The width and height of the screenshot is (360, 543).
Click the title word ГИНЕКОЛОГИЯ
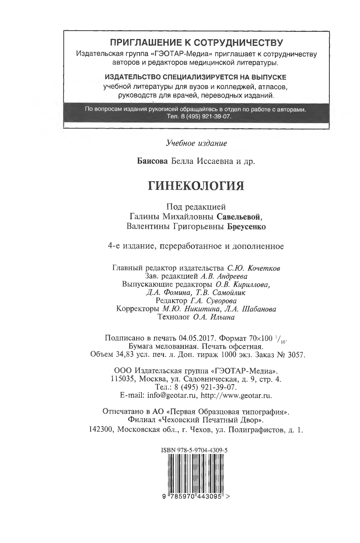[x=196, y=186]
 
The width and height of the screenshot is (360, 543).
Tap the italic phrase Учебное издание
[x=196, y=143]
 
